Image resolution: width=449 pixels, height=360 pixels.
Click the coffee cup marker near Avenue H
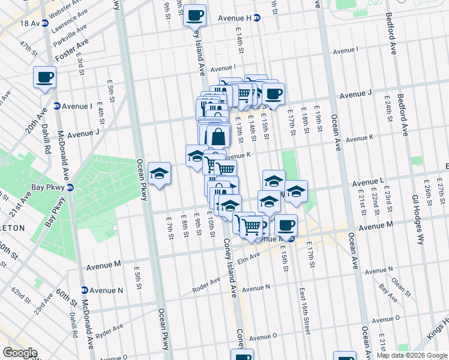tap(194, 15)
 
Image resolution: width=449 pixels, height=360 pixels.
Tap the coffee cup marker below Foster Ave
tap(44, 77)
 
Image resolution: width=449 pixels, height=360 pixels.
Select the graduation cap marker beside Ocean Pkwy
tap(159, 174)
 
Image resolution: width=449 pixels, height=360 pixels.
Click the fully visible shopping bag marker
tap(218, 136)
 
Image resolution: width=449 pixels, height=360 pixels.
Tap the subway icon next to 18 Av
tap(45, 23)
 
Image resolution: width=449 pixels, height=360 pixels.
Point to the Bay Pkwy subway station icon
tap(70, 187)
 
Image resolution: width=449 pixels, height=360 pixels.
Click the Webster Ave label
tap(66, 10)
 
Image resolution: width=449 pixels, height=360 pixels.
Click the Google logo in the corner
tap(20, 353)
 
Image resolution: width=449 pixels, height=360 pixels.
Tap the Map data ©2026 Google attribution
tap(412, 355)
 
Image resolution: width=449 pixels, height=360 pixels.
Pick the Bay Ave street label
tap(388, 295)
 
